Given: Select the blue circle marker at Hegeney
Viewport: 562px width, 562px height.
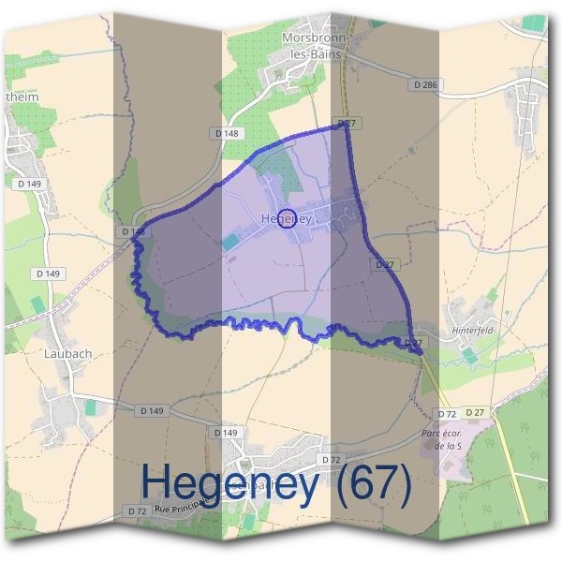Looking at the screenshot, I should pos(288,218).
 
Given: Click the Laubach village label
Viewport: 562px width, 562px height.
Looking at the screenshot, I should pos(67,355).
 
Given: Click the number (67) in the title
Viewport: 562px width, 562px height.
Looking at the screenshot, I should pos(375,484).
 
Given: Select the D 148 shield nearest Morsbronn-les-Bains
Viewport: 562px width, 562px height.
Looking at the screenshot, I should pos(227,134).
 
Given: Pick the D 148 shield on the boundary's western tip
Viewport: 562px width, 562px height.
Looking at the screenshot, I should pos(134,230).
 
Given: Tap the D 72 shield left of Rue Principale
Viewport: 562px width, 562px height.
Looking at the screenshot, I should pos(138,510).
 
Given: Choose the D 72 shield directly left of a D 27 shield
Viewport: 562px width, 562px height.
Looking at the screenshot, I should pos(447,413).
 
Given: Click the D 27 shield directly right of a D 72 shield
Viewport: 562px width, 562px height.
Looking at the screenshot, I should pos(477,413).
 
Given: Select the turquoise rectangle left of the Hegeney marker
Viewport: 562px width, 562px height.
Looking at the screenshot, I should pos(229,242).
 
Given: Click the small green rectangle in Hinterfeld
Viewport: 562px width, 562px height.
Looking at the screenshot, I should pos(468,355).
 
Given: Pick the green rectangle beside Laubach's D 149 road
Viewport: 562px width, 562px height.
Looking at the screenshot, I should pos(91,407).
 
